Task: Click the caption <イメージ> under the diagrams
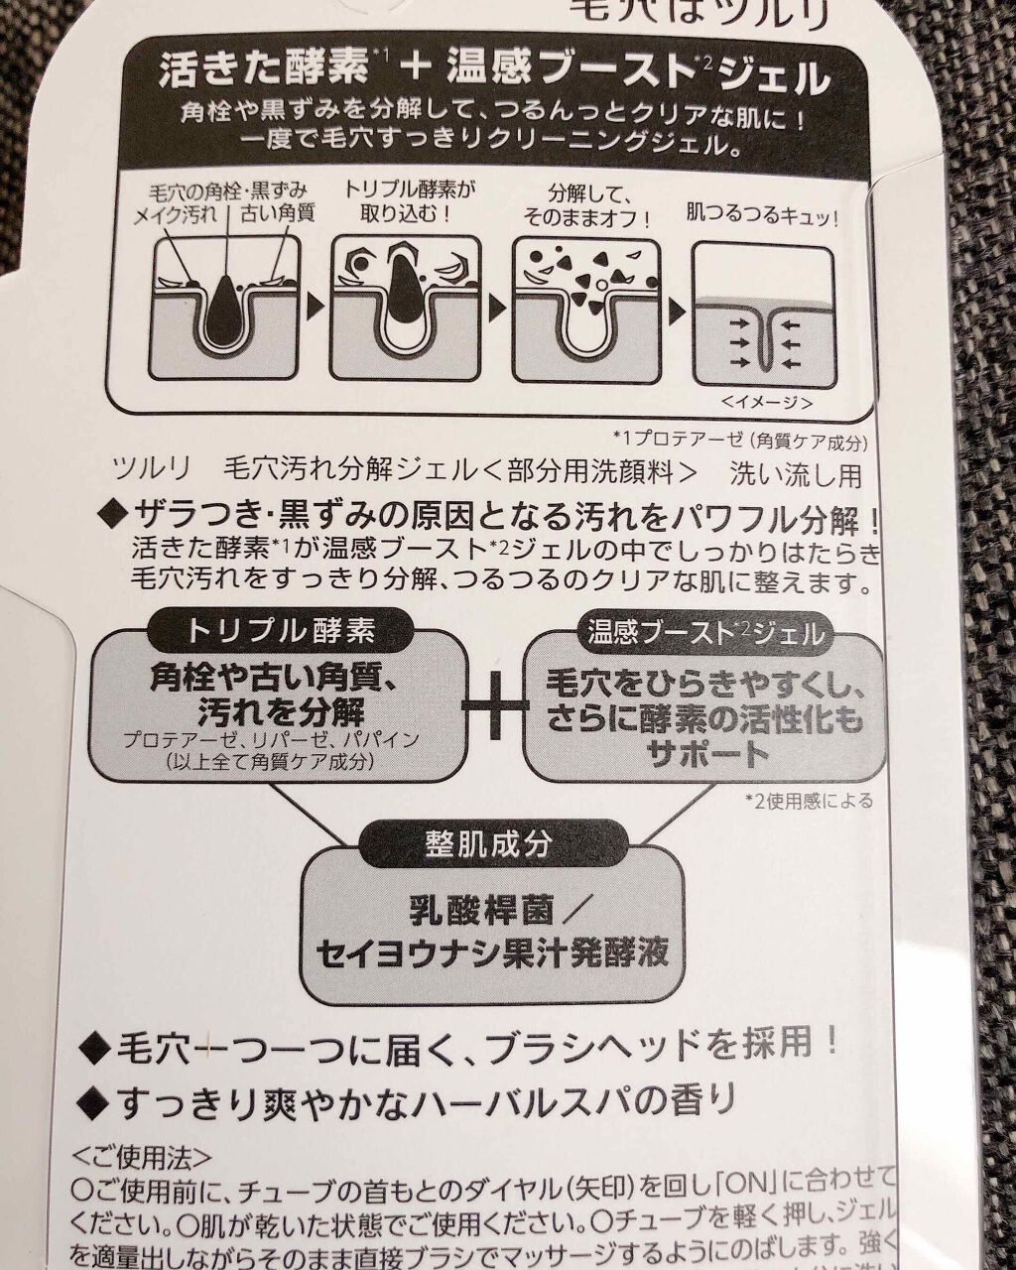[767, 403]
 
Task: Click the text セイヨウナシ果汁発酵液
[492, 953]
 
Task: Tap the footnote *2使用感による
[809, 800]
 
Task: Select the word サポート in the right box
[707, 754]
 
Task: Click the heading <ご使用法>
[141, 1158]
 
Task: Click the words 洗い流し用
[796, 475]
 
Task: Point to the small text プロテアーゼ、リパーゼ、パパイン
[271, 741]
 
